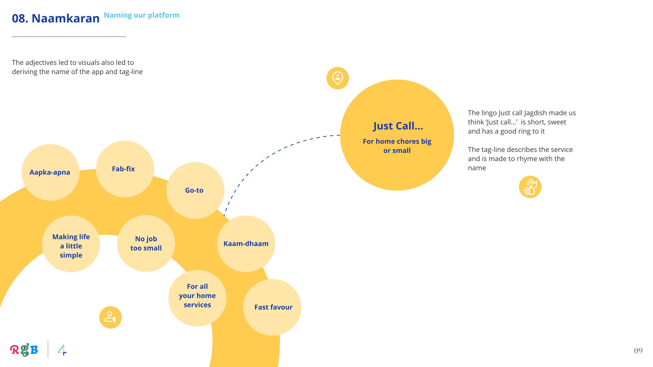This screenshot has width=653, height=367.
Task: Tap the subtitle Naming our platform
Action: coord(141,15)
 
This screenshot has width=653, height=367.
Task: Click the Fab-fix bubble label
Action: coord(123,169)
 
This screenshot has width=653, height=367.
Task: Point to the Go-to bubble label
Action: coord(194,190)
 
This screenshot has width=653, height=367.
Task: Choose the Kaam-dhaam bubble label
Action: coord(246,244)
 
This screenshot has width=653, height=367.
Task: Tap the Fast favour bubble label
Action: coord(273,307)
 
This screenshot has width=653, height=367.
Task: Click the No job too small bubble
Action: coord(146,243)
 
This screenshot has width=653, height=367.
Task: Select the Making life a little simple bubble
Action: coord(71,246)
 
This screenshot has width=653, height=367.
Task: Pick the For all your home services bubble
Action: coord(197,296)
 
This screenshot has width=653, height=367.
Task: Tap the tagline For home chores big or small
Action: coord(397,146)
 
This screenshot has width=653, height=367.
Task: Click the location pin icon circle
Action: coord(338,78)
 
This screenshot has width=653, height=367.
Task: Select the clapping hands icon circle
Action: coord(530,187)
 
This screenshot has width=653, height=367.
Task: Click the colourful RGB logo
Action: coord(24,350)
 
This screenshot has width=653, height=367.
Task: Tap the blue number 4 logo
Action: coord(62,350)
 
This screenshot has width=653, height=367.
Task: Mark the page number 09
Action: coord(638,351)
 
